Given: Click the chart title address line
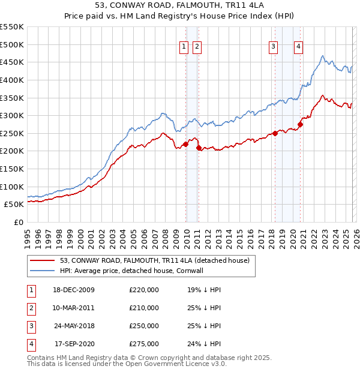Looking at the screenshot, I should (180, 5).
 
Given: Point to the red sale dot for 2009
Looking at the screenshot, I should (186, 143).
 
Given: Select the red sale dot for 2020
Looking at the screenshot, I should (300, 124).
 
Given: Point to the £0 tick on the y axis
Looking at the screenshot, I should (19, 222).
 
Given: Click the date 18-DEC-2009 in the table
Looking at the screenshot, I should (74, 290).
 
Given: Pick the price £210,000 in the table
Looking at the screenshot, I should (144, 308).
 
